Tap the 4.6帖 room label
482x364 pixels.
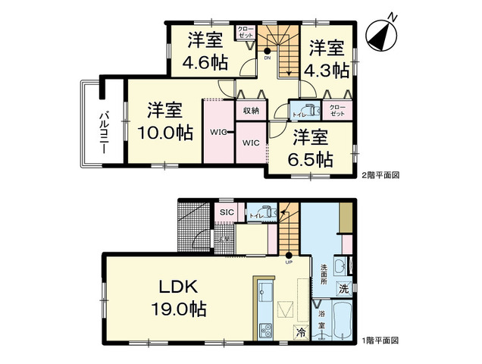coord(203,52)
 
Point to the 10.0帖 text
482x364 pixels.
coord(165,122)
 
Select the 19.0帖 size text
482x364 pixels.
coord(179,309)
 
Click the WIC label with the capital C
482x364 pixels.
coord(251,142)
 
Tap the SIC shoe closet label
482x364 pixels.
coord(226,213)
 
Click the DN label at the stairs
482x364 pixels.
coord(268,58)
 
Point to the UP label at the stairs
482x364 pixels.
coord(289,263)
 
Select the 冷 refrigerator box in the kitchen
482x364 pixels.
coord(302,331)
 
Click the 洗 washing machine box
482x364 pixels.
coord(343,289)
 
